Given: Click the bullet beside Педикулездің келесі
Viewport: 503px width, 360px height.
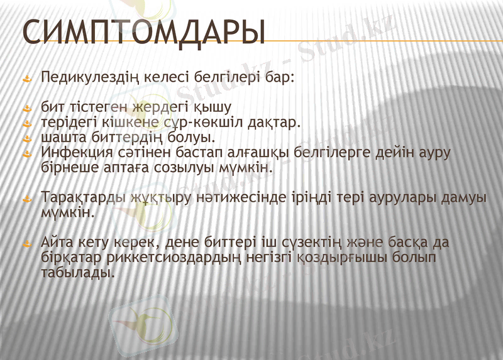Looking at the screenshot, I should pos(26,80).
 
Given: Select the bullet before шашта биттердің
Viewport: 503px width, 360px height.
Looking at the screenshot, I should pos(26,138).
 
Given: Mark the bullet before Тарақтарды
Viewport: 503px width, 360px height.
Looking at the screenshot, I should pos(26,199).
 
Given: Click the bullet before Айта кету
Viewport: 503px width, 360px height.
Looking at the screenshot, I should pos(26,244).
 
